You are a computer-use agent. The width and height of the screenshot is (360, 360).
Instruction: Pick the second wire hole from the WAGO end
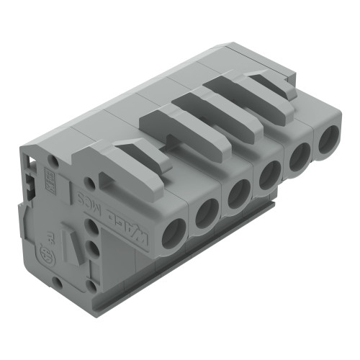click(x=205, y=212)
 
